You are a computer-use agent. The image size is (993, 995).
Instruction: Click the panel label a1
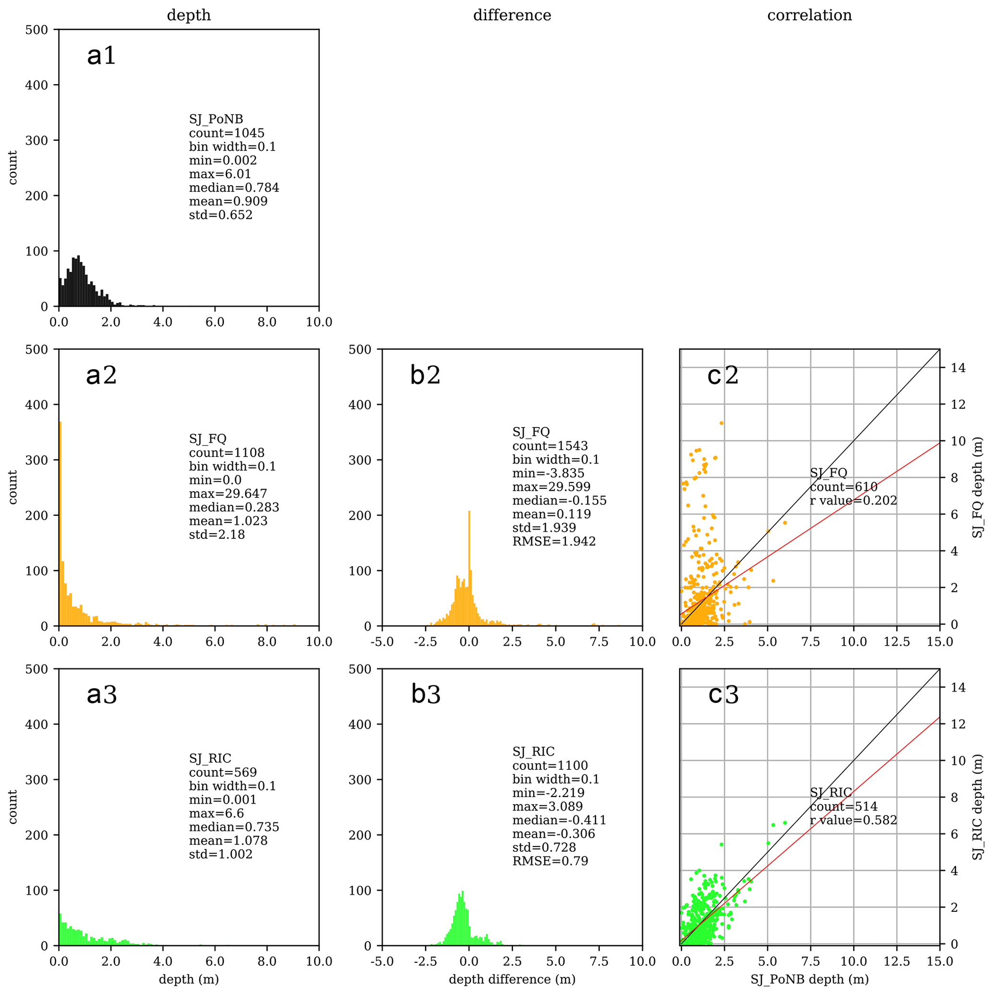(x=101, y=55)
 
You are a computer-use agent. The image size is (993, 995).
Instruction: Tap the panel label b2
(x=425, y=375)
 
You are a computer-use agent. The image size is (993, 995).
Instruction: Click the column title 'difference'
(x=512, y=15)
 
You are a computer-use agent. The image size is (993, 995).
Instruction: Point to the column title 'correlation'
(x=809, y=15)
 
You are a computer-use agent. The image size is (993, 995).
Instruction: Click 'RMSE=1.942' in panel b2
(x=553, y=541)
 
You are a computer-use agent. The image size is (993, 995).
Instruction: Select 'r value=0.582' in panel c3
(x=853, y=820)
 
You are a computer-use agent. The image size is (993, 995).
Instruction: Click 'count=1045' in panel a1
(x=226, y=133)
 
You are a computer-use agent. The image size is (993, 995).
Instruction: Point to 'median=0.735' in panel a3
(x=233, y=827)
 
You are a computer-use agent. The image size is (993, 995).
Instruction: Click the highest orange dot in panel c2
(x=721, y=423)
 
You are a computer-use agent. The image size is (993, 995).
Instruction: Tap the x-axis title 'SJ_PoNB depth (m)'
(x=809, y=979)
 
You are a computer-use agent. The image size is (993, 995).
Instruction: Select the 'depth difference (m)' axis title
(x=512, y=979)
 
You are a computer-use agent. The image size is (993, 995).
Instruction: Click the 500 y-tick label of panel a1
(x=36, y=30)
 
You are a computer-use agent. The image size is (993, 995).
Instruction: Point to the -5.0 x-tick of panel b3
(x=381, y=961)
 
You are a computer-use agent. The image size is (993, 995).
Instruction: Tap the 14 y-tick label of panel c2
(x=958, y=368)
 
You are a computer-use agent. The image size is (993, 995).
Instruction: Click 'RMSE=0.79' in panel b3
(x=550, y=861)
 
